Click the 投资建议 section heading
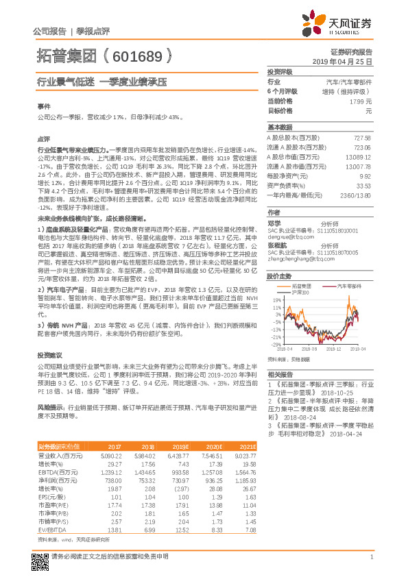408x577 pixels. tap(48, 356)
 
